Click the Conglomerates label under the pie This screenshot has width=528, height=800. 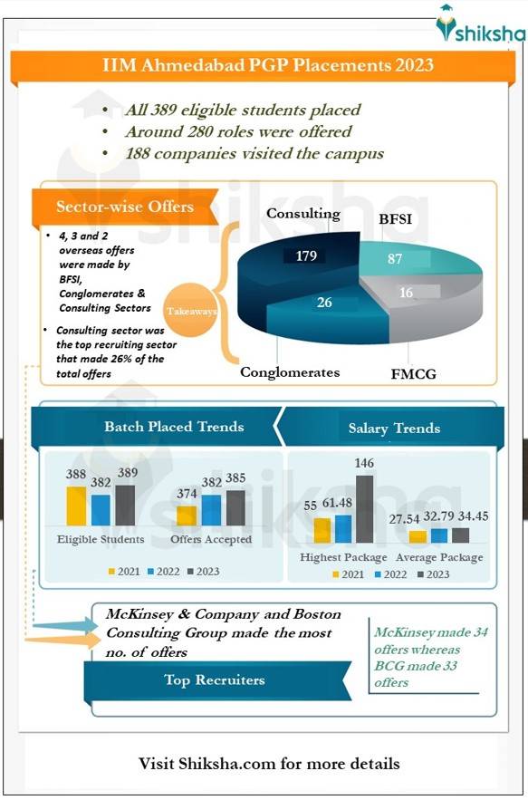click(x=289, y=372)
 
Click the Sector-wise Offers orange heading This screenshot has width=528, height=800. click(x=124, y=207)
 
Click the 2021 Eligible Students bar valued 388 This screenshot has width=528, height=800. click(x=76, y=506)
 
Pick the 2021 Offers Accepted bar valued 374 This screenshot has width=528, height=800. click(x=187, y=516)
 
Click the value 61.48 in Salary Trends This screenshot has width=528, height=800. click(x=342, y=504)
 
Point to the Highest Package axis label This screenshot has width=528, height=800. click(x=343, y=557)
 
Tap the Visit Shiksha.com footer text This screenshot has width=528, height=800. click(x=268, y=763)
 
